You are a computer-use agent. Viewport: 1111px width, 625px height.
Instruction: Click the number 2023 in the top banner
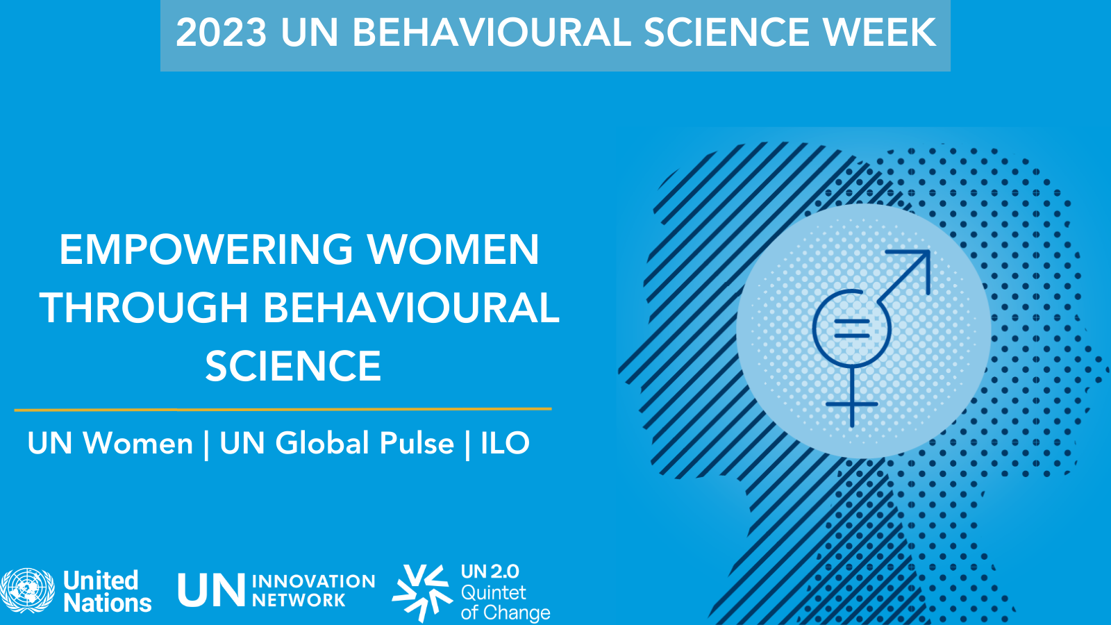pyautogui.click(x=221, y=33)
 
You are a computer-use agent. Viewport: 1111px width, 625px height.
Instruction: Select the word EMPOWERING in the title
pyautogui.click(x=206, y=249)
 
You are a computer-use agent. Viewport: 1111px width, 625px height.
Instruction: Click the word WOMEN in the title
pyautogui.click(x=453, y=249)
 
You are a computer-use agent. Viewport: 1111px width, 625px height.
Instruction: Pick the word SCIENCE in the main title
pyautogui.click(x=293, y=366)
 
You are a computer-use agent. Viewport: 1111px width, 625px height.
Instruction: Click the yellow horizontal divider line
pyautogui.click(x=283, y=409)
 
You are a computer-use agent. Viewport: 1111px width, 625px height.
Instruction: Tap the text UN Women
pyautogui.click(x=110, y=443)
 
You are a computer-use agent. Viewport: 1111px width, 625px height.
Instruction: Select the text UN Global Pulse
pyautogui.click(x=337, y=443)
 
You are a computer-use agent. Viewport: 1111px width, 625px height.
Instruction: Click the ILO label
pyautogui.click(x=505, y=443)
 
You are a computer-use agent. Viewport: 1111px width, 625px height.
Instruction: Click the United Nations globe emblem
pyautogui.click(x=28, y=591)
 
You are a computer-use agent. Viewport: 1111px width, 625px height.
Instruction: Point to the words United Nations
pyautogui.click(x=107, y=592)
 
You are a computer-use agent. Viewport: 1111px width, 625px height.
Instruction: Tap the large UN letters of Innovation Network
pyautogui.click(x=211, y=591)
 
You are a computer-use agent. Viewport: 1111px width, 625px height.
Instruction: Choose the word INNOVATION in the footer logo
pyautogui.click(x=313, y=581)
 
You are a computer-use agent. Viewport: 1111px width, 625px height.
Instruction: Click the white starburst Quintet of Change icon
pyautogui.click(x=422, y=592)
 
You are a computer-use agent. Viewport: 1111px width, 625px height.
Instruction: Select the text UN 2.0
pyautogui.click(x=490, y=572)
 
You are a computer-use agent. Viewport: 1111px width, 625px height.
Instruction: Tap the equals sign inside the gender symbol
pyautogui.click(x=852, y=328)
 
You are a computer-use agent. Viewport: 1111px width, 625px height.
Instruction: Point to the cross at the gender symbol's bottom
pyautogui.click(x=852, y=403)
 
